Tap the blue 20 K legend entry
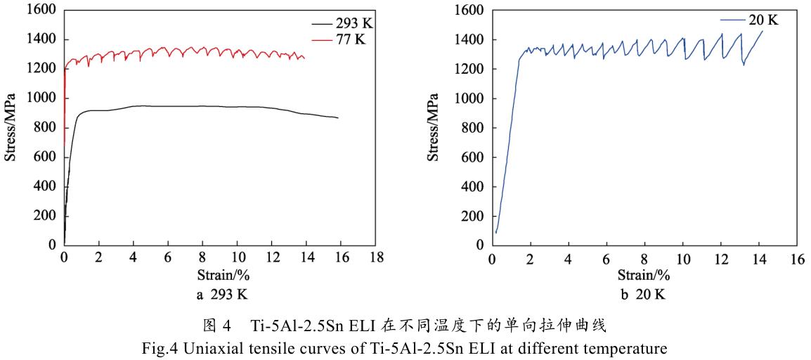click(763, 20)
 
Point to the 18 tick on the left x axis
click(377, 257)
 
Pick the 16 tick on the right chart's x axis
click(796, 258)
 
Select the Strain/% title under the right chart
click(644, 274)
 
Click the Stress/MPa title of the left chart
click(11, 127)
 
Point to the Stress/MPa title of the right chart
click(434, 127)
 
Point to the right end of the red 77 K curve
click(304, 58)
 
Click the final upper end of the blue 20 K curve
click(762, 31)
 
